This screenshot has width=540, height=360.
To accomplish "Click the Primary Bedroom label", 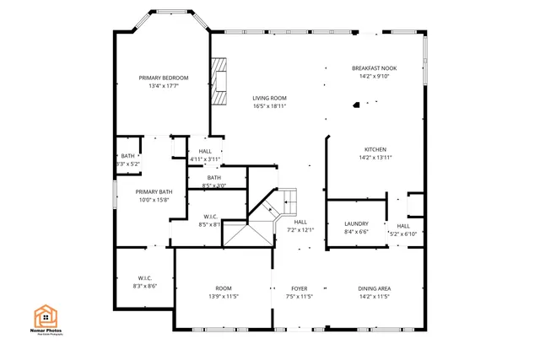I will tap(163, 78).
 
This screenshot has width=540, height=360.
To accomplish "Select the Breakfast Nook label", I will tap(373, 68).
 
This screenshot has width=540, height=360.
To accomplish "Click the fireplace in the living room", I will tap(220, 82).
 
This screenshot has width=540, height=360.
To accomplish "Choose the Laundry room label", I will tap(356, 223).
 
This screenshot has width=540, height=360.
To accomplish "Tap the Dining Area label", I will tap(374, 288).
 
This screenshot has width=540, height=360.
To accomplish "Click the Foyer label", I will tap(300, 288).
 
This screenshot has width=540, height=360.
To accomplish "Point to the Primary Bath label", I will tap(154, 191).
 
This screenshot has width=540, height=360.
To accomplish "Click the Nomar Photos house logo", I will tap(46, 317).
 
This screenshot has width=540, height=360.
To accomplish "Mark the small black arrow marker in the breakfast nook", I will tap(357, 105).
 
